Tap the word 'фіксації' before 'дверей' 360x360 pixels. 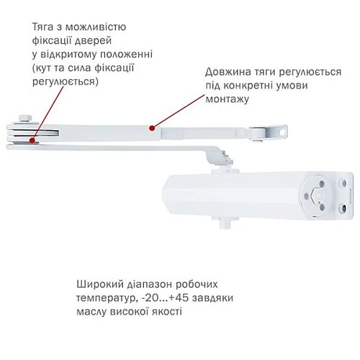(51, 41)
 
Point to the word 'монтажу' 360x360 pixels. (227, 99)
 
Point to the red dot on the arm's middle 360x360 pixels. (150, 127)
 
